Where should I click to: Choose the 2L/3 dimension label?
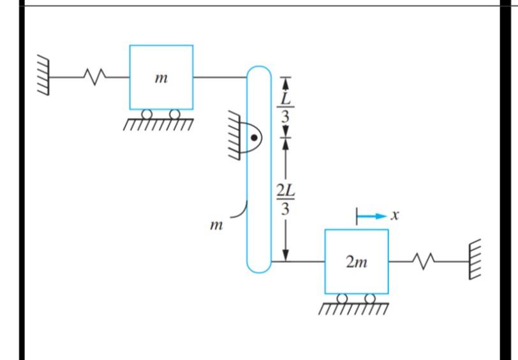coord(286,198)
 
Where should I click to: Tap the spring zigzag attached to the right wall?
coord(424,260)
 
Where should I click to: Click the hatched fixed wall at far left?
coord(43,77)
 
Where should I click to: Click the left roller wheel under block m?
coord(147,114)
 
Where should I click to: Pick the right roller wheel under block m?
coord(174,114)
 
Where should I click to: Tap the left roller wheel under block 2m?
coord(343,298)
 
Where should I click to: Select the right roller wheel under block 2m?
coord(369,298)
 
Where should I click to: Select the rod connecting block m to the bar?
coord(219,77)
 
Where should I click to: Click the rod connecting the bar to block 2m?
coord(298,261)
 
